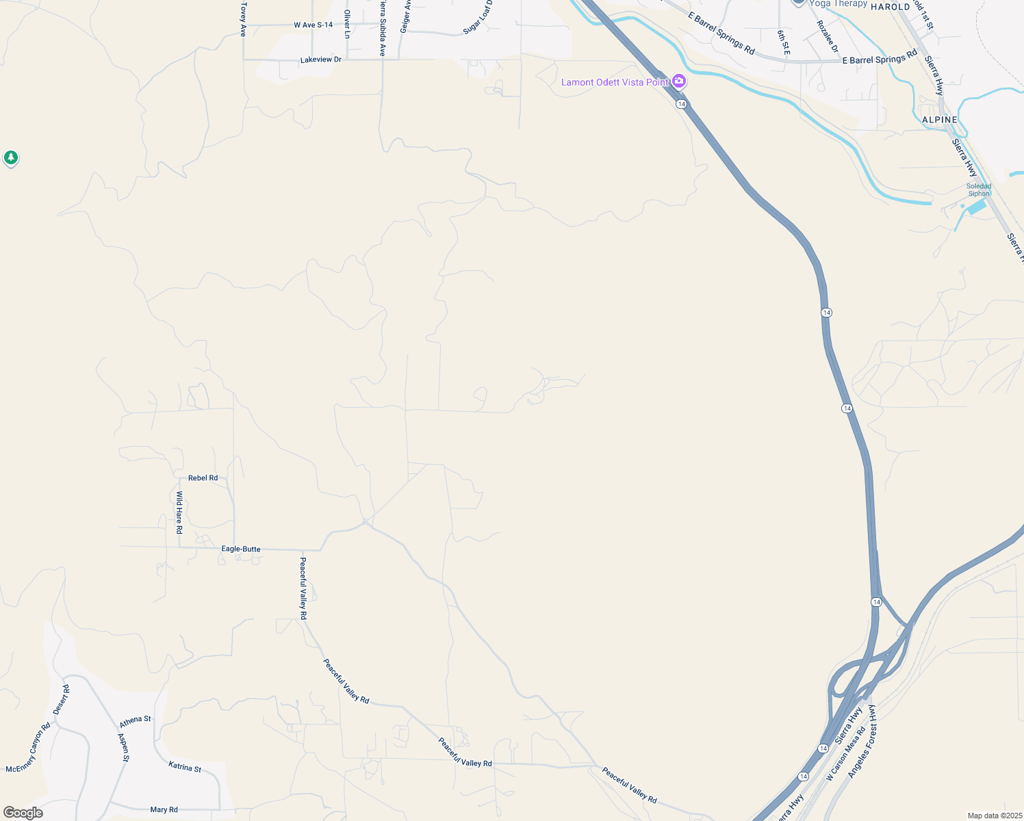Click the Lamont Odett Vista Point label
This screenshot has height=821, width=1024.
tap(615, 83)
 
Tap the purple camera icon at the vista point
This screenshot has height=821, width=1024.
tap(679, 81)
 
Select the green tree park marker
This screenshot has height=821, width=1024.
tap(10, 158)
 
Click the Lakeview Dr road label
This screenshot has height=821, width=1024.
tap(320, 60)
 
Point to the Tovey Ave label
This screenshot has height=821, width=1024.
tap(243, 19)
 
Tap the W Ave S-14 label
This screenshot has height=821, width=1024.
tap(313, 25)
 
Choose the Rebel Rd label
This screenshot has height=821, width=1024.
tap(203, 478)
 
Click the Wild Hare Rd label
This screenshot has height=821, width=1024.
tap(179, 512)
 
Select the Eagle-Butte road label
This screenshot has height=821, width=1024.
tap(240, 549)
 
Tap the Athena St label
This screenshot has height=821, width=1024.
tap(135, 721)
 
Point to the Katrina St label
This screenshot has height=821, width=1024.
tap(185, 768)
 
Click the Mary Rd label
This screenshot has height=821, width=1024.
tap(164, 810)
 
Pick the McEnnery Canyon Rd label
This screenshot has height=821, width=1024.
tap(28, 748)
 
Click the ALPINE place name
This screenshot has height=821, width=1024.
tap(939, 120)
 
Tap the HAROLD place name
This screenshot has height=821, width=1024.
tap(890, 7)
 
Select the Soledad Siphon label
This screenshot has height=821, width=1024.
tap(978, 190)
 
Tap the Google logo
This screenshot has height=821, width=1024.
tap(23, 813)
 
